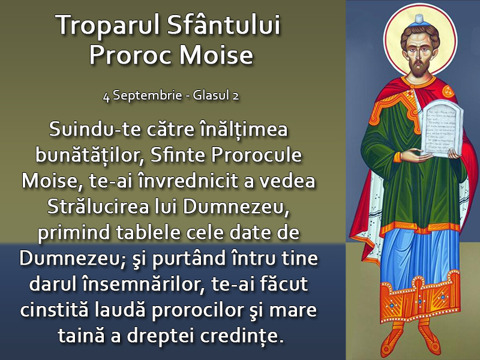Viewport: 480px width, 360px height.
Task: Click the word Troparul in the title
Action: (x=107, y=25)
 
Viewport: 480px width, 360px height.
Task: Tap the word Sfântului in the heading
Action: (x=224, y=25)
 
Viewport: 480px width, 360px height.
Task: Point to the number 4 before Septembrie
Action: (x=106, y=97)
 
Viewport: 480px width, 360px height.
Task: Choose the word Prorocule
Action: (x=257, y=155)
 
